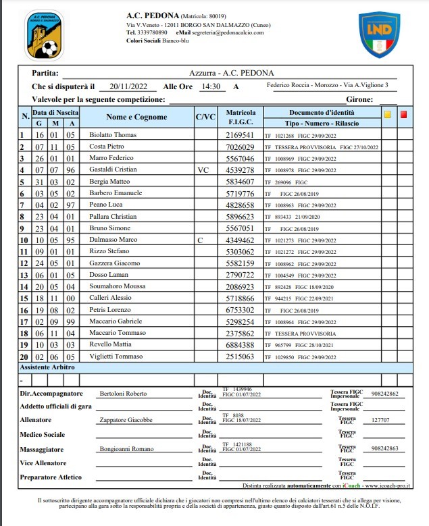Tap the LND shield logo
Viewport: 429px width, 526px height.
(378, 34)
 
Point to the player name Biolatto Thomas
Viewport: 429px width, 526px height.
(113, 135)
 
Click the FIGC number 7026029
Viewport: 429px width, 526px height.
(240, 147)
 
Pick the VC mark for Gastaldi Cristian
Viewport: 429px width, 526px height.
(203, 170)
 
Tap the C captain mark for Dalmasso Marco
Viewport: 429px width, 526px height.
(200, 240)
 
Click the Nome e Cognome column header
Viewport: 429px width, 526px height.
(136, 117)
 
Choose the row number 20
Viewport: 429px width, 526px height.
(24, 356)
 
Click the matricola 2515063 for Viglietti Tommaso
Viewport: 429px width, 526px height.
(240, 356)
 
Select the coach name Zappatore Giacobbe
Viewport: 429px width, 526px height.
(126, 419)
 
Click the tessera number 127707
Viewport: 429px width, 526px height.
(382, 419)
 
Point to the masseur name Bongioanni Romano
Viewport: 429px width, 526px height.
(127, 448)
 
